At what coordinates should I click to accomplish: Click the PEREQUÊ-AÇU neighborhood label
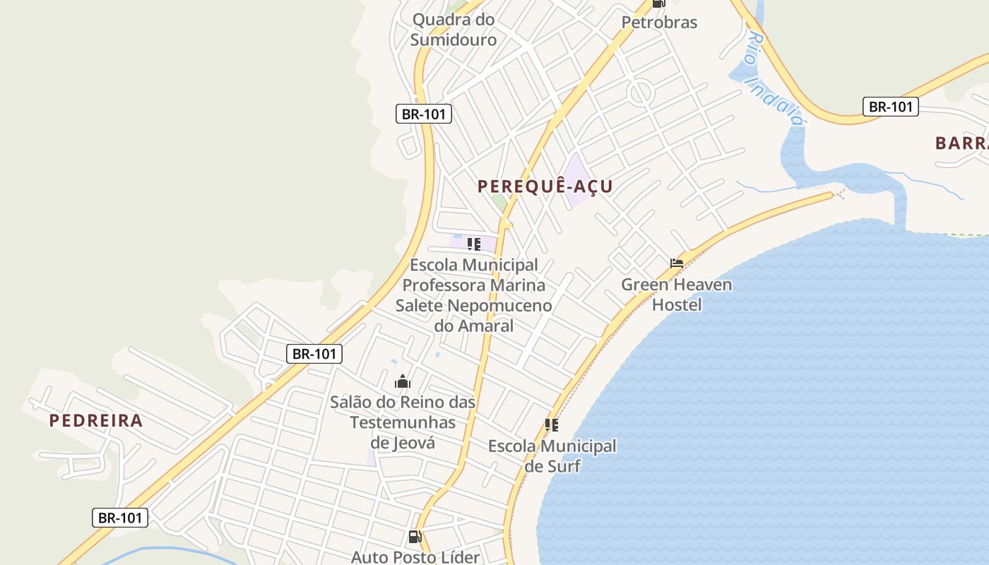coord(545,186)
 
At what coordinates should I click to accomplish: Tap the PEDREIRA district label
coord(96,421)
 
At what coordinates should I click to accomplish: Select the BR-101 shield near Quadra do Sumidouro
coord(424,114)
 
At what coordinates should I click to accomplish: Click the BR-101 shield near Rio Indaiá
coord(890,107)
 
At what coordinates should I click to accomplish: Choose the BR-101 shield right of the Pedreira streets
coord(314,354)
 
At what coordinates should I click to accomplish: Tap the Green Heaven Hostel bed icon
coord(677,263)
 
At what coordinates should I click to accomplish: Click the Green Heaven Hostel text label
coord(677,295)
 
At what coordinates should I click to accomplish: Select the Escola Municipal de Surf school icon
coord(552,425)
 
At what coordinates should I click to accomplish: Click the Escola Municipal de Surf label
coord(552,456)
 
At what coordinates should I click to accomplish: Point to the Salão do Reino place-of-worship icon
coord(403,382)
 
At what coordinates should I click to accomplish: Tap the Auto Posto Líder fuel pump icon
coord(415,537)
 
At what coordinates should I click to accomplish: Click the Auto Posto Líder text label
coord(415,557)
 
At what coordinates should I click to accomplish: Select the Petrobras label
coord(659,23)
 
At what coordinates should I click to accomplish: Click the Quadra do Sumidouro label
coord(454,30)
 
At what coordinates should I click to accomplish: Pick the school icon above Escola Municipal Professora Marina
coord(474,244)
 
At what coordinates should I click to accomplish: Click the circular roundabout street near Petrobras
coord(641,93)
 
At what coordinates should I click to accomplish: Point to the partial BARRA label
coord(961,143)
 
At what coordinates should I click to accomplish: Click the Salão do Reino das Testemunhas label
coord(403,422)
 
